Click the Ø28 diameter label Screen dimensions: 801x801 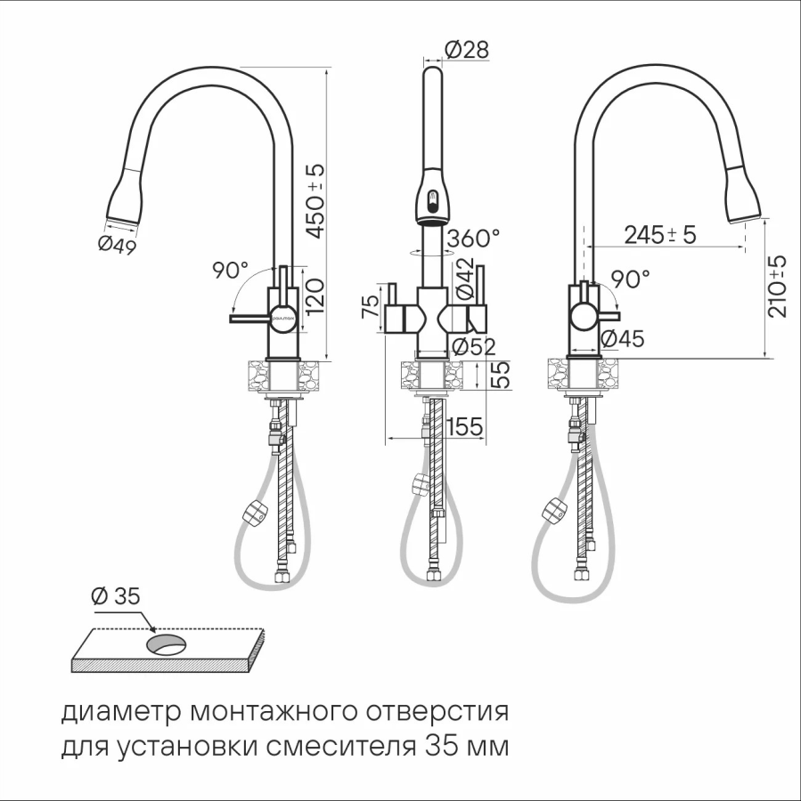click(x=467, y=50)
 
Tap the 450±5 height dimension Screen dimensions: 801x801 click(x=315, y=201)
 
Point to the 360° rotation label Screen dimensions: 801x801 click(x=473, y=238)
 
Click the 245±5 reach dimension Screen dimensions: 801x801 click(x=660, y=234)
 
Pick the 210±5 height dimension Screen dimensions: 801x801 click(x=778, y=286)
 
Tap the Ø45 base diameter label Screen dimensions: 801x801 click(x=623, y=338)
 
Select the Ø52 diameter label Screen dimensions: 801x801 click(x=474, y=347)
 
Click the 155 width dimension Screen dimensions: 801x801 click(x=465, y=426)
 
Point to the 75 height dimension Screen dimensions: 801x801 click(x=372, y=306)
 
